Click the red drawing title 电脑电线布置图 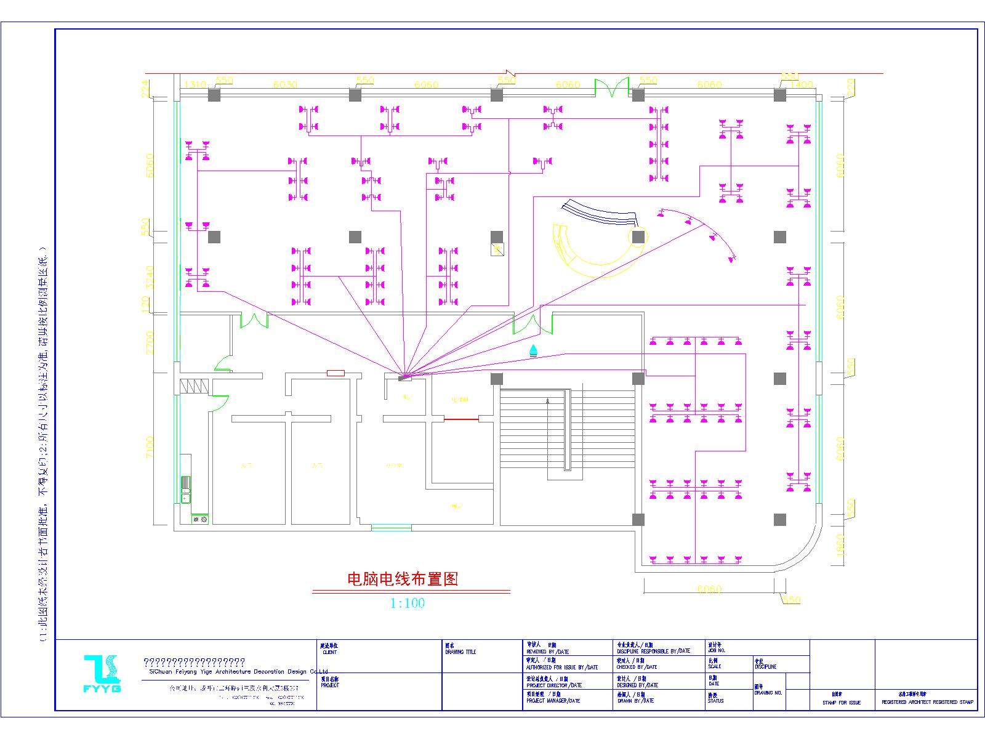click(403, 579)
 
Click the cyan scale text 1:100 click(408, 604)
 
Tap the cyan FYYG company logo click(102, 673)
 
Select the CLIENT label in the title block click(329, 652)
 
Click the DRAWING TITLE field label click(460, 652)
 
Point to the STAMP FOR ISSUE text click(842, 703)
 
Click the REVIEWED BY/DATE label click(547, 652)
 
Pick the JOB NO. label click(717, 650)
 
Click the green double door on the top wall click(611, 88)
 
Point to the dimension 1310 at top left click(195, 84)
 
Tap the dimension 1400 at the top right click(801, 84)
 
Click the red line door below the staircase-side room click(462, 419)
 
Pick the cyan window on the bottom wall click(392, 527)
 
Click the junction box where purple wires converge click(404, 377)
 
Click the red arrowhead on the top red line click(510, 73)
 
